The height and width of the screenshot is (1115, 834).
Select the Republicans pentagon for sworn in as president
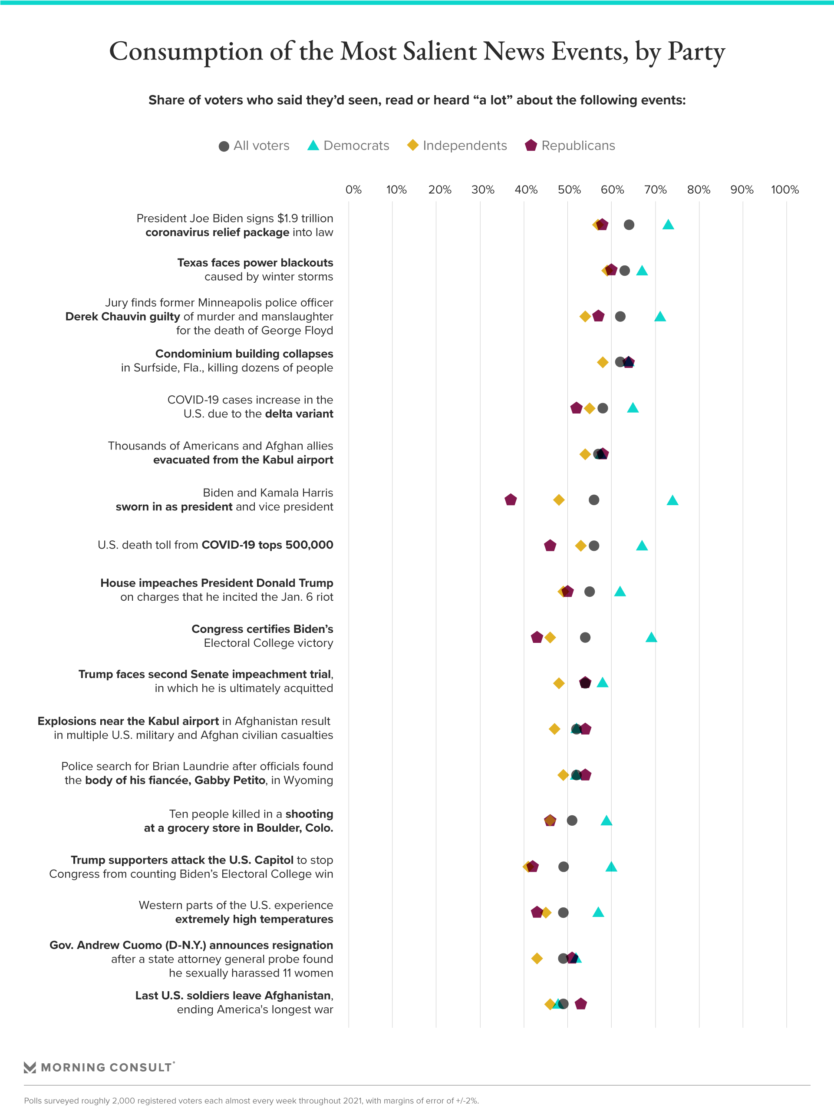[511, 500]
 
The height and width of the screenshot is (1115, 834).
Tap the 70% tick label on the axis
[655, 190]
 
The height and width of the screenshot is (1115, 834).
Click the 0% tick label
[353, 190]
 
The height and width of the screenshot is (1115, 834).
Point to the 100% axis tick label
[785, 190]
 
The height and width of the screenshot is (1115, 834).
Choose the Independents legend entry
[457, 146]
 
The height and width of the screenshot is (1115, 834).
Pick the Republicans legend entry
[570, 146]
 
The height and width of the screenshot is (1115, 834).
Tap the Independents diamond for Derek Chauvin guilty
[585, 317]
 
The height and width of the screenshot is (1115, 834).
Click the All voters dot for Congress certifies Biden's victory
[585, 638]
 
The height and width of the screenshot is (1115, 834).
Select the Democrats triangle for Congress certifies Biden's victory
[651, 638]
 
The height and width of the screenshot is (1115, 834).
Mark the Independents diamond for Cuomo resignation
[537, 958]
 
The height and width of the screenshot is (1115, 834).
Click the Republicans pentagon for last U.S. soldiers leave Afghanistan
[580, 1004]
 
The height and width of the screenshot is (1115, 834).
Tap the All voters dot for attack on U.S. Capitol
[564, 867]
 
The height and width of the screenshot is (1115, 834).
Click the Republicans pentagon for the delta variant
[577, 408]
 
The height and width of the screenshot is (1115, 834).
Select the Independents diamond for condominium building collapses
[603, 362]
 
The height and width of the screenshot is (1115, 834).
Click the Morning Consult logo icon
[30, 1067]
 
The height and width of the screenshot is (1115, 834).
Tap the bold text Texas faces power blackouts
[255, 263]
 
